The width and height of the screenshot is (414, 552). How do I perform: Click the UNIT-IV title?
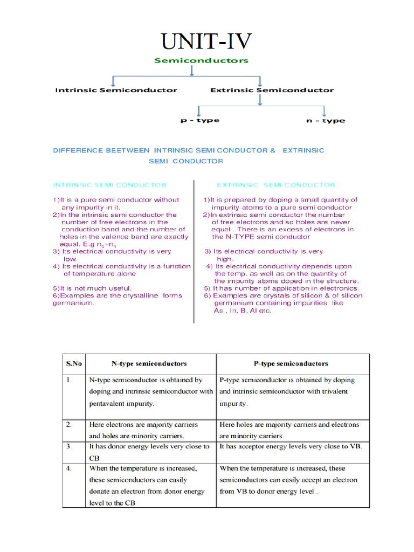206,41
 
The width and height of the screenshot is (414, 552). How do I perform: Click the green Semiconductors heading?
201,60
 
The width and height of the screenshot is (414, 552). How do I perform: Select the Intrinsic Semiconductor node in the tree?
116,90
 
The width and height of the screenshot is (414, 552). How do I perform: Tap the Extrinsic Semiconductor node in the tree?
272,90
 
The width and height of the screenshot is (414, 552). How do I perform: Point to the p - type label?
199,120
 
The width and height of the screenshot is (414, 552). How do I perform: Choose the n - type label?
325,120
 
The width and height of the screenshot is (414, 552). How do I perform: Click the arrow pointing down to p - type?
199,110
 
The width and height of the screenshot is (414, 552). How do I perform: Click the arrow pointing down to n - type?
324,110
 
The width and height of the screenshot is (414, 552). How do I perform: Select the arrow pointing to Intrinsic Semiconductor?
112,80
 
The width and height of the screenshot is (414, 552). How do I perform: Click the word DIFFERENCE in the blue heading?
75,150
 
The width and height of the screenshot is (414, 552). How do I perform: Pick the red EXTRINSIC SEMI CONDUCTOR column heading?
275,185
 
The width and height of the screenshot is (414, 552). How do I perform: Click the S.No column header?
74,364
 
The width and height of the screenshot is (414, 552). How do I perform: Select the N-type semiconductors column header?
149,364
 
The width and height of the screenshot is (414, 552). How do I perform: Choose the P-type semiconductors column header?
291,364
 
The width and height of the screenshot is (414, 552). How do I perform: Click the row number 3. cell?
69,447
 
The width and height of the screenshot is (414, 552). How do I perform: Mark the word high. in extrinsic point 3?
225,259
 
